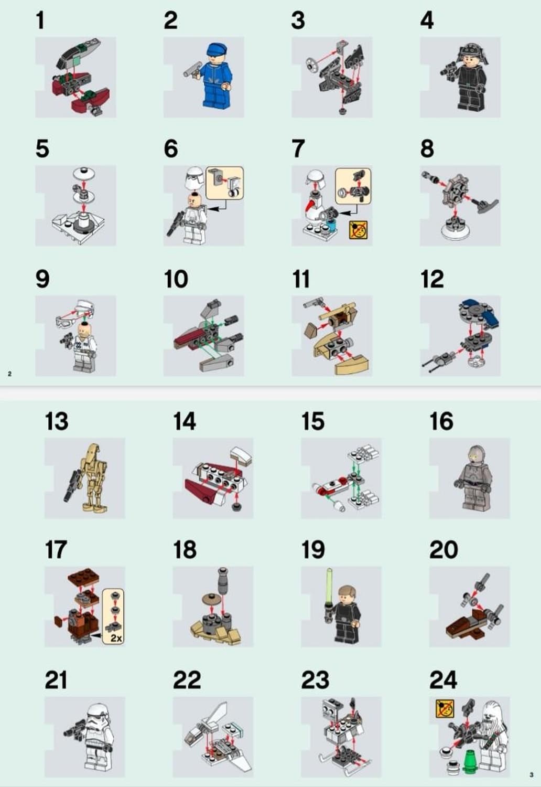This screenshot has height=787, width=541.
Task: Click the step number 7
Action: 298,149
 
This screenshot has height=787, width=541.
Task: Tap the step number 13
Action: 57,421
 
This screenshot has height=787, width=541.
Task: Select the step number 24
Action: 443,680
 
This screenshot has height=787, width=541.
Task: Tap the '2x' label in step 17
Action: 116,637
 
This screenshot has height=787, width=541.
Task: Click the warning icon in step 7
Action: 359,230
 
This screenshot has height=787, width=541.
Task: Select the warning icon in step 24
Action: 445,709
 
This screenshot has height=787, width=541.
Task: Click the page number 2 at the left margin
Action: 10,374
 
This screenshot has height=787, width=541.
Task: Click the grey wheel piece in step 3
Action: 311,63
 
